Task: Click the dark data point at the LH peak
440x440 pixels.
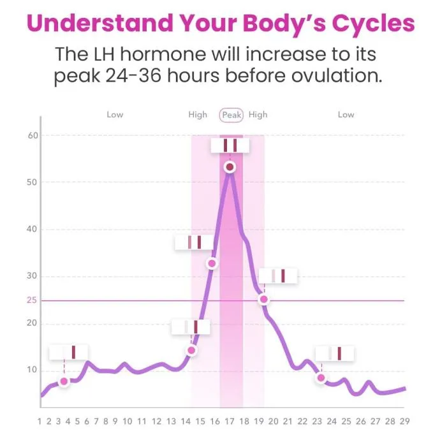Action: point(230,167)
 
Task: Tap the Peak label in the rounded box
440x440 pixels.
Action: point(231,115)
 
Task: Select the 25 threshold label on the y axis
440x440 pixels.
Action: point(32,300)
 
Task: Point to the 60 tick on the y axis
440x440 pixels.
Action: point(33,136)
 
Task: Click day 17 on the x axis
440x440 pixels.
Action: point(230,422)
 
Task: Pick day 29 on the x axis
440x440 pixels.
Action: point(405,422)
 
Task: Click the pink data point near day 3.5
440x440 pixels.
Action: point(64,381)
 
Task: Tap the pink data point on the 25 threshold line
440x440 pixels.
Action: point(264,300)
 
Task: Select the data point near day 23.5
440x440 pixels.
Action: point(321,378)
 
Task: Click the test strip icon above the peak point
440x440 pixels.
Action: point(230,145)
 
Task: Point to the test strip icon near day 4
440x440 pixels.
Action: point(68,352)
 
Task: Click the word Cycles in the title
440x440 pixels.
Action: point(373,24)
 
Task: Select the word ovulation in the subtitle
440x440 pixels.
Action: point(337,76)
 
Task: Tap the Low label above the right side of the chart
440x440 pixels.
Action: point(346,115)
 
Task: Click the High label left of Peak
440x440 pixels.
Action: point(198,115)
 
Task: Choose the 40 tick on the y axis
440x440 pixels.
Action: point(32,230)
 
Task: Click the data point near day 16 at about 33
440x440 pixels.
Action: point(212,263)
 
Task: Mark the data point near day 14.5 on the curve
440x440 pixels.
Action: point(191,350)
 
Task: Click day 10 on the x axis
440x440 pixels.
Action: point(128,422)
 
